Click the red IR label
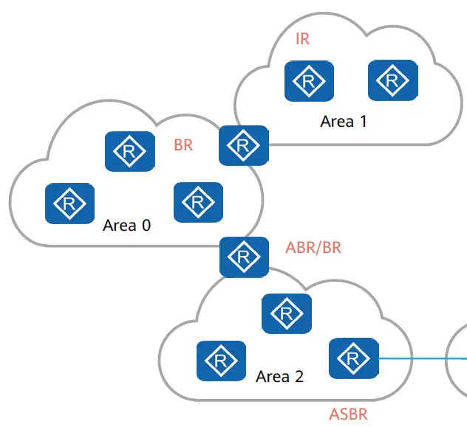point(303,39)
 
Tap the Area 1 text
point(344,121)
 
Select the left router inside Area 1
point(309,81)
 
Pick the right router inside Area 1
point(393,80)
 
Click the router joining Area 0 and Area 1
point(244,145)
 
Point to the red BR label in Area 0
point(183,145)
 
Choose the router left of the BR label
point(130,151)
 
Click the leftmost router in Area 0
point(69,204)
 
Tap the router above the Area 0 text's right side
point(198,202)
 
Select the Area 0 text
point(126,225)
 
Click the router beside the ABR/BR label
point(245,257)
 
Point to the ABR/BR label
point(313,248)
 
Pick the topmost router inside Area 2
point(287,313)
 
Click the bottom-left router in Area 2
point(221,361)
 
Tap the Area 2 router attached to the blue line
point(354,358)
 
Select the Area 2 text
point(279,377)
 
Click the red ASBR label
point(348,414)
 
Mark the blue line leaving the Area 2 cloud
point(423,358)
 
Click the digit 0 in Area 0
point(146,225)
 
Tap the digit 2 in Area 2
point(299,377)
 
